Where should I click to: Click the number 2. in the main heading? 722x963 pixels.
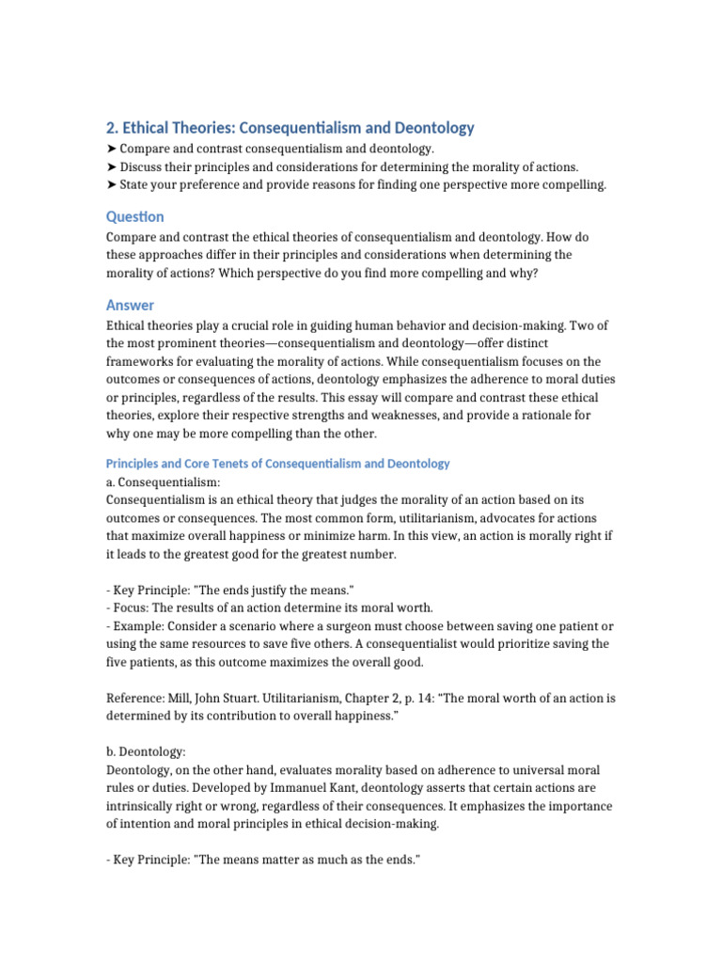(x=112, y=128)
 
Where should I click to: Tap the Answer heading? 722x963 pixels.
(x=130, y=305)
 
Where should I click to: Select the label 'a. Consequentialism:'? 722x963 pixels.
(x=163, y=481)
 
